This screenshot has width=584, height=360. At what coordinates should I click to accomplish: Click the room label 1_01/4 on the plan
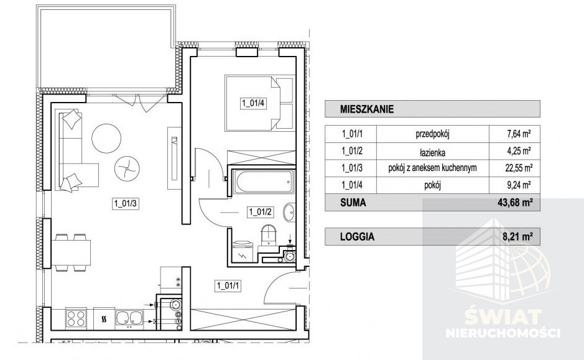[253, 103]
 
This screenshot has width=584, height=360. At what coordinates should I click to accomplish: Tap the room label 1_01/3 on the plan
[126, 203]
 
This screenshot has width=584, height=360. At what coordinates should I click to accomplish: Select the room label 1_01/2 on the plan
[261, 212]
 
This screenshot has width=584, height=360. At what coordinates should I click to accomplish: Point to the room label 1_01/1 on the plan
[228, 286]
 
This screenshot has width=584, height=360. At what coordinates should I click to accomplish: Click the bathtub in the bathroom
[264, 182]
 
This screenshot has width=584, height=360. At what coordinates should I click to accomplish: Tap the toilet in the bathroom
[269, 235]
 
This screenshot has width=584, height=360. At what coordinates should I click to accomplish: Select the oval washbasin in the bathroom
[289, 212]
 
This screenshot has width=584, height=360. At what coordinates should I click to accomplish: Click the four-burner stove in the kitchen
[76, 318]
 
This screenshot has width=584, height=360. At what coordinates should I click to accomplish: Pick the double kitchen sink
[129, 318]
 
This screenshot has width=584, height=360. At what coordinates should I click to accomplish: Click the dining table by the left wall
[71, 252]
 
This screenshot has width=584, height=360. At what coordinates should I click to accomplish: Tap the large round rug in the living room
[106, 138]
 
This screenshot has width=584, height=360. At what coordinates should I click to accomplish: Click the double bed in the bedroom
[259, 103]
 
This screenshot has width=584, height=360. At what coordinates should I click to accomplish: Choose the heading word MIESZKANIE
[367, 109]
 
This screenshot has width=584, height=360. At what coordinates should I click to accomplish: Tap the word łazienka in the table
[432, 152]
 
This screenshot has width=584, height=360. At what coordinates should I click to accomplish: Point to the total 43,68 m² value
[515, 203]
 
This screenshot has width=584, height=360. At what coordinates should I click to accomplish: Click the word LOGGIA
[357, 237]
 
